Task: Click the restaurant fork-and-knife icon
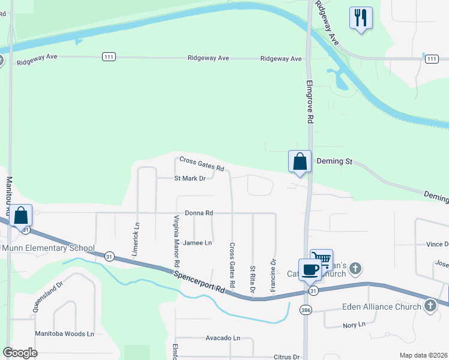(360, 17)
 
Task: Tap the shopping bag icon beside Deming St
(300, 161)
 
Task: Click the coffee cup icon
(310, 269)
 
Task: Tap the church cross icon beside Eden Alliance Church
(430, 306)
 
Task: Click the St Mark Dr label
(190, 178)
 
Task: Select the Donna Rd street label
(199, 213)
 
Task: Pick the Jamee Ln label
(197, 243)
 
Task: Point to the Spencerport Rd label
(200, 280)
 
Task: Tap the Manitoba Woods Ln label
(65, 334)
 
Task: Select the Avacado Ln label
(221, 338)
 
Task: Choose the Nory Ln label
(354, 325)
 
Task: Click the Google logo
(20, 352)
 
